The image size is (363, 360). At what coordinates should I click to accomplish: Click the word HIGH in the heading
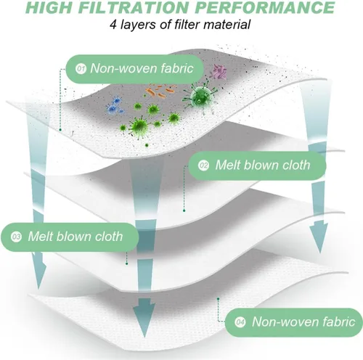49,7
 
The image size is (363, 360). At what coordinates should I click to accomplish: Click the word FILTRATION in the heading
134,7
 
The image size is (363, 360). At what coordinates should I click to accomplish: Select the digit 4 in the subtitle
113,25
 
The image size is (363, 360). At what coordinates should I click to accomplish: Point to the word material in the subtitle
227,25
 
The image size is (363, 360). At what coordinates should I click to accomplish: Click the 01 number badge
81,69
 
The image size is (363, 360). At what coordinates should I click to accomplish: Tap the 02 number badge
203,165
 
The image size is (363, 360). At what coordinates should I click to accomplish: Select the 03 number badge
16,237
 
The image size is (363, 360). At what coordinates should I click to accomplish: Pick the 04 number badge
240,322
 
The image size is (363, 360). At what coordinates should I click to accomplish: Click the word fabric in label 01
177,68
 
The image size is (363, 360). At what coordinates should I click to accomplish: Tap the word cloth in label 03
109,236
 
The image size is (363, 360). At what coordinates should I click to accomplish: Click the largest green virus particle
200,95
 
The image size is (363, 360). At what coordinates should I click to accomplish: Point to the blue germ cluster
115,106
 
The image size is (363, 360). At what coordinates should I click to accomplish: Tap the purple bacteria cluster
219,72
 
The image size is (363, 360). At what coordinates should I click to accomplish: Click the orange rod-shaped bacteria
160,91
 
